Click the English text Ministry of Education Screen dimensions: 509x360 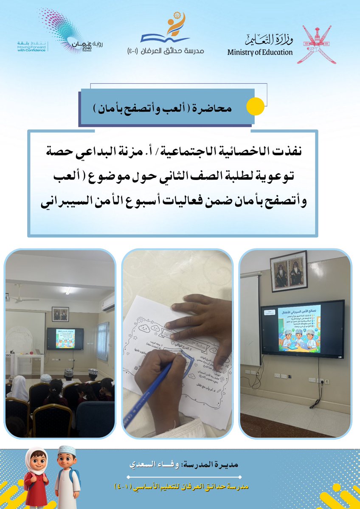pos(260,53)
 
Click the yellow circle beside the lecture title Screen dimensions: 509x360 pos(256,107)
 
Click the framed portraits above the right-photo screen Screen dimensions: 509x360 pos(288,271)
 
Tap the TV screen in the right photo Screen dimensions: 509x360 pos(302,327)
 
